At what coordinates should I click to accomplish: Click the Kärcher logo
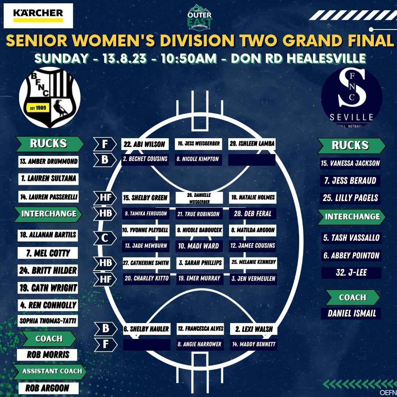38,16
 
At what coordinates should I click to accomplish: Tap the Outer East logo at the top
199,18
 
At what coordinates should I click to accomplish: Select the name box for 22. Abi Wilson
145,144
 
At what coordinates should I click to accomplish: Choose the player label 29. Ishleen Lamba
252,144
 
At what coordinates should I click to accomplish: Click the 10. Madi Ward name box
199,246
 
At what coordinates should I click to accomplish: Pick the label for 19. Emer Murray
199,279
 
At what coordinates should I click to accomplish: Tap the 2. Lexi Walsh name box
254,329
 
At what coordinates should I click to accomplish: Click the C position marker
105,238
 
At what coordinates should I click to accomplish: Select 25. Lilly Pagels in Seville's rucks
350,198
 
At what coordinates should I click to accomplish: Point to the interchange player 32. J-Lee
351,273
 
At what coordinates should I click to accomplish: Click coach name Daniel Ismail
351,314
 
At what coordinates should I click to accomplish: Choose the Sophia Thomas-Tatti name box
48,321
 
